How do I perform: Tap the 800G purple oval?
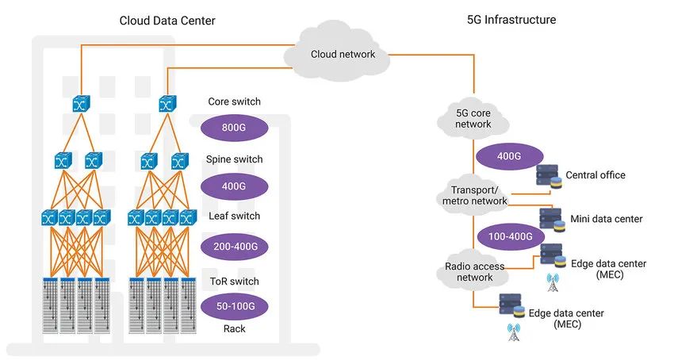(234, 128)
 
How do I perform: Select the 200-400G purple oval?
(235, 247)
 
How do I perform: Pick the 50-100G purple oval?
(236, 306)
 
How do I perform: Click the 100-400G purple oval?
(510, 236)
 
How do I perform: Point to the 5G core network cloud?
(473, 119)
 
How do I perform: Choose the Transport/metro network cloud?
(474, 196)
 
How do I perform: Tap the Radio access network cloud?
(473, 272)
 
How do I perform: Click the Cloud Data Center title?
(167, 21)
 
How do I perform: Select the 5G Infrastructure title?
(511, 20)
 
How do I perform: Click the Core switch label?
(234, 101)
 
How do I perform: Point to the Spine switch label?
(234, 159)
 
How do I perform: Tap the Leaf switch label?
(234, 216)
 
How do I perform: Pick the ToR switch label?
(234, 281)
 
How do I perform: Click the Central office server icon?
(550, 176)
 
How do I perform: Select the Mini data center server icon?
(553, 220)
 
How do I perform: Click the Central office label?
(595, 175)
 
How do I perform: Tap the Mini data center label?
(607, 219)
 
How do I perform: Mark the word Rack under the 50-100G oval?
(234, 329)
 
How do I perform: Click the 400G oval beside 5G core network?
(509, 156)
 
